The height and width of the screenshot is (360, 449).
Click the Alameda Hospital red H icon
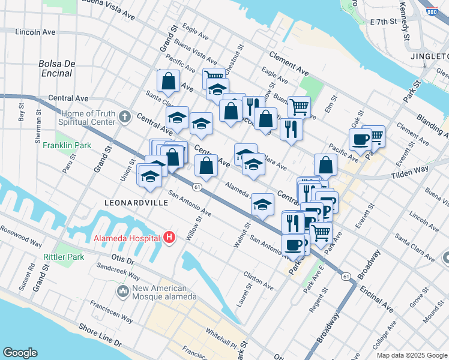click(169, 238)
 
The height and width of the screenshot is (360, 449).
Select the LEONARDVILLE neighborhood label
click(136, 203)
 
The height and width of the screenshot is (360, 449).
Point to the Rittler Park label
click(63, 257)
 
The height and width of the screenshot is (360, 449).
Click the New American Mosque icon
click(124, 292)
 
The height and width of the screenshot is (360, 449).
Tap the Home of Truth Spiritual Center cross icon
click(125, 116)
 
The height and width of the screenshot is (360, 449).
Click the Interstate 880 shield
click(431, 11)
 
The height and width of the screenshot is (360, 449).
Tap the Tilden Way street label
click(411, 170)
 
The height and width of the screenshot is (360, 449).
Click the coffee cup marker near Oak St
click(360, 140)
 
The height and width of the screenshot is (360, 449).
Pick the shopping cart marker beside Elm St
click(299, 107)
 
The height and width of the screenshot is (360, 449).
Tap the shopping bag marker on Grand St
click(169, 81)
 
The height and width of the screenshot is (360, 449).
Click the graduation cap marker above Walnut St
click(262, 205)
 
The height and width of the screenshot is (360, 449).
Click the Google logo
click(20, 353)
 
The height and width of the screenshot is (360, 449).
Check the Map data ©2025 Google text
click(412, 355)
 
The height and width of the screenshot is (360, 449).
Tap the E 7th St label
click(384, 22)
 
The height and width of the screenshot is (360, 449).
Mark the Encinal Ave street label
click(376, 298)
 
